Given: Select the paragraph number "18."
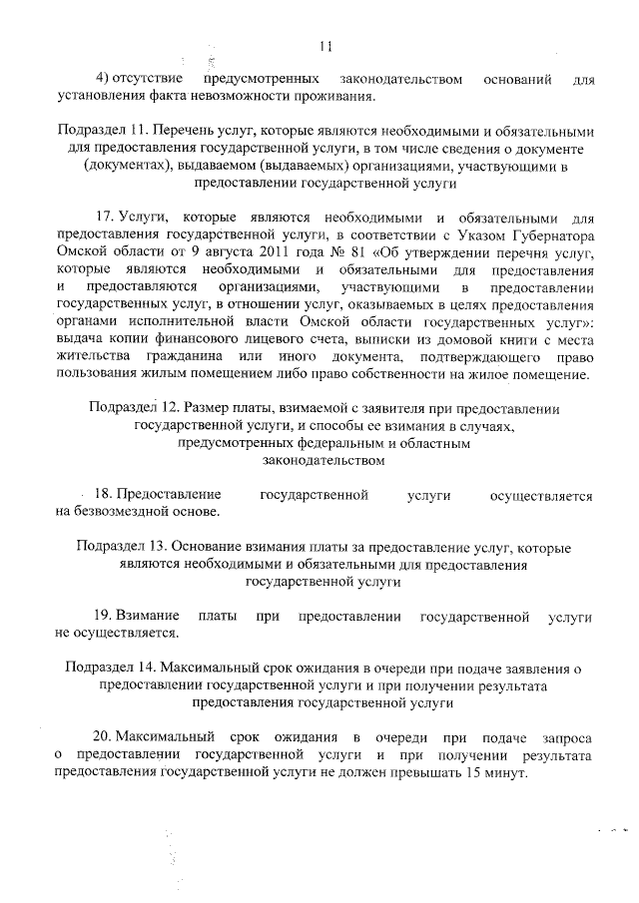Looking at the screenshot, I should coord(102,495).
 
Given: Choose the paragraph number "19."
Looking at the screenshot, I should coord(102,617).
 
